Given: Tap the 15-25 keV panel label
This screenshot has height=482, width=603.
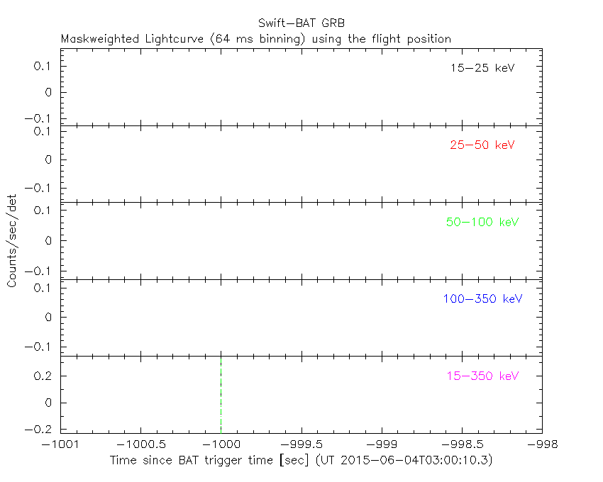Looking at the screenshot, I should (x=482, y=69).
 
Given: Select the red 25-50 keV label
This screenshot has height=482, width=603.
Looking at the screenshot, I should (x=482, y=145).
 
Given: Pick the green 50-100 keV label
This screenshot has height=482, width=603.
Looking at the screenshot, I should (x=482, y=222).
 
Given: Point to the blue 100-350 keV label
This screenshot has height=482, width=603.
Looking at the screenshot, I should (x=482, y=299).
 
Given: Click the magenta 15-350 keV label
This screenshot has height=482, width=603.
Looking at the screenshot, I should (x=482, y=376).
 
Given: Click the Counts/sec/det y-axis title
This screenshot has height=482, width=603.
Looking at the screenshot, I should (x=12, y=241).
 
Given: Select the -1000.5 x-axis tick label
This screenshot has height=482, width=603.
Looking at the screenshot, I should (x=140, y=444).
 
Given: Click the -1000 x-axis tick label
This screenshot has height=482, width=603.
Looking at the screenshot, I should (x=221, y=444).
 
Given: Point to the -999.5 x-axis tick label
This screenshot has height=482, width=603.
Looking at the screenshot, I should (x=301, y=444).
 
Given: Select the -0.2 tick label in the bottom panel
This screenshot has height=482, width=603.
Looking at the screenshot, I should (x=42, y=430).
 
